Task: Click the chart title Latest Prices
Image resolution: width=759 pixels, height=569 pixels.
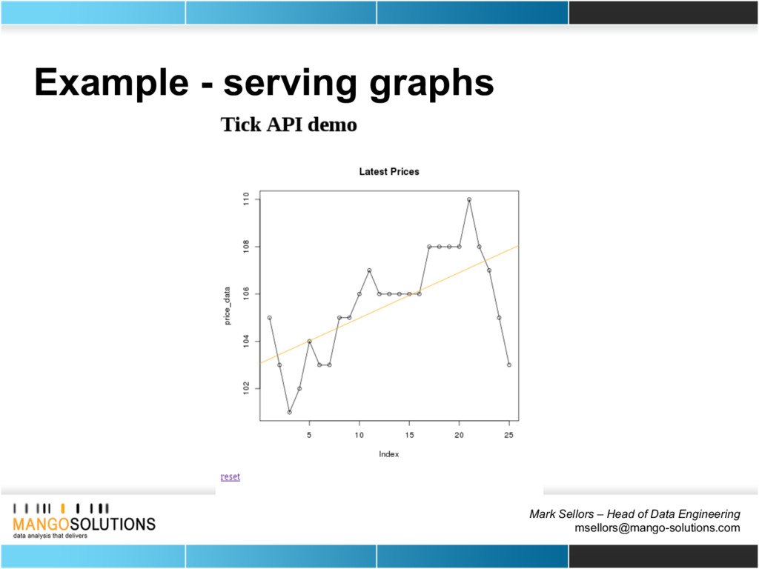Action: [388, 172]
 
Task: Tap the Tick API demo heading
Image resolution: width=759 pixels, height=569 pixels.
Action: [289, 124]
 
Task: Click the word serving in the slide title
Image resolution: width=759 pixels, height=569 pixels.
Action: [288, 84]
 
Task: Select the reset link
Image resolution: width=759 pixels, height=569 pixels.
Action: [231, 476]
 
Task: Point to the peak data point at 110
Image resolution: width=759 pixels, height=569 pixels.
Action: [469, 199]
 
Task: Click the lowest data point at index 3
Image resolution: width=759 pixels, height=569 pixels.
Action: [290, 412]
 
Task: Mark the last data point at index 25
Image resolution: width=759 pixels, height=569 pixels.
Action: [508, 365]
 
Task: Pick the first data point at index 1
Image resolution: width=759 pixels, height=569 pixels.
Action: [270, 318]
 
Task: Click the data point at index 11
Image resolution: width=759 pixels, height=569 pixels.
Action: [369, 270]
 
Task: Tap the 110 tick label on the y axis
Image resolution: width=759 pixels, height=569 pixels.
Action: [246, 199]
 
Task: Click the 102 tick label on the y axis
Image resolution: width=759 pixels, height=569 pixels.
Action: [246, 388]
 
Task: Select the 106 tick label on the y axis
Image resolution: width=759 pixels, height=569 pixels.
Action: [246, 294]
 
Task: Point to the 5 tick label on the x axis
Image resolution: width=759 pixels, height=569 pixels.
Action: [309, 436]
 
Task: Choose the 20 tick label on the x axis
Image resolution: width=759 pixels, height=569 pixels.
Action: [459, 436]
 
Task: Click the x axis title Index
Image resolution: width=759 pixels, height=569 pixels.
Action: [388, 454]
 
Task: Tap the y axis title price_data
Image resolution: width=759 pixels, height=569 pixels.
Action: [227, 306]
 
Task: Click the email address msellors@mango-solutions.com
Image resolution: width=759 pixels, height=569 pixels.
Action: [657, 528]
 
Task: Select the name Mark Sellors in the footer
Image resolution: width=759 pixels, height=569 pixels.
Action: [563, 514]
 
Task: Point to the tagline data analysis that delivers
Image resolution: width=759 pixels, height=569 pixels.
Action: [50, 536]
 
